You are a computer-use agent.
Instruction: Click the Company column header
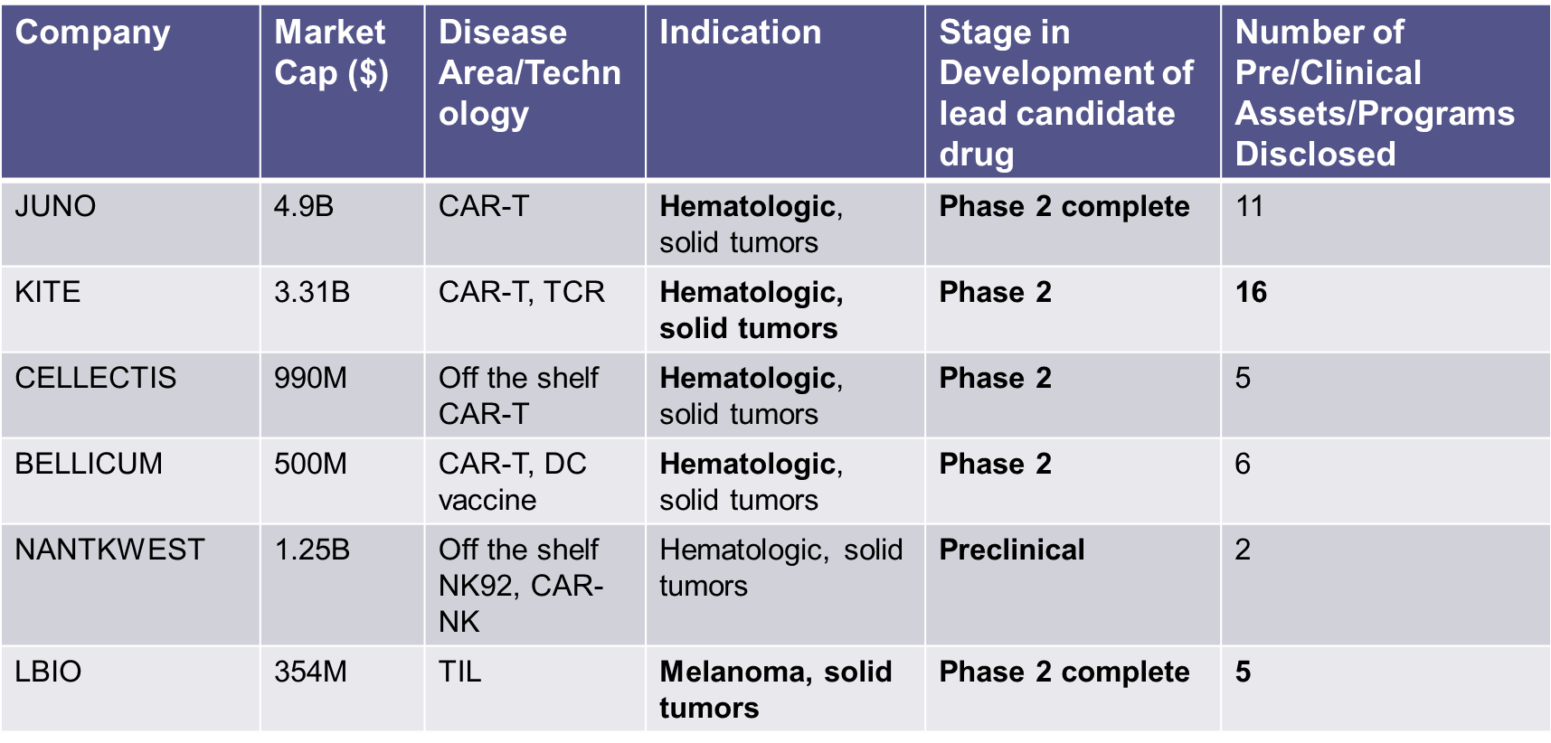point(92,33)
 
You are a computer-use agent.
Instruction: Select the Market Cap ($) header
point(331,52)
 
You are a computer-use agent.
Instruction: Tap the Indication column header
point(740,33)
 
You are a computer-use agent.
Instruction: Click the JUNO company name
point(55,206)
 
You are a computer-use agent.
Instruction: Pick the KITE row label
point(48,292)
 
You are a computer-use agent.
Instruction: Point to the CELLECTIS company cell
point(96,378)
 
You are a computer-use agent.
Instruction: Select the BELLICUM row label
point(89,464)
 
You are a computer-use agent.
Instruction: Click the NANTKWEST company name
point(109,550)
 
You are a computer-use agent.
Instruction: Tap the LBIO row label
point(48,672)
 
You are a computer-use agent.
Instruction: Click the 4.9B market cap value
point(304,206)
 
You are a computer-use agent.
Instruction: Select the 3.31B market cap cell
point(312,292)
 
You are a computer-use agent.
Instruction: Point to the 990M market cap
point(310,378)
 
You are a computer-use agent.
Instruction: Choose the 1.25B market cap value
point(312,550)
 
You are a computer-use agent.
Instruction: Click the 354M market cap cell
point(310,672)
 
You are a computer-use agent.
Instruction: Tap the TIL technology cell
point(460,672)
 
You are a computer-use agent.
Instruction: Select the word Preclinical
point(1012,550)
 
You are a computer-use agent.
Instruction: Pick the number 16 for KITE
point(1251,292)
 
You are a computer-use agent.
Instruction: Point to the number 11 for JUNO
point(1249,206)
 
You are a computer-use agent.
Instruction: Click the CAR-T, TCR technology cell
point(522,292)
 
